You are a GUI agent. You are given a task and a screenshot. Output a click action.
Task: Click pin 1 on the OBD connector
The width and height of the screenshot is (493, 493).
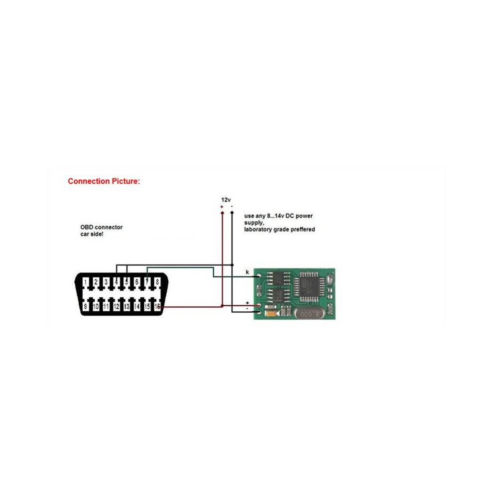click(x=86, y=282)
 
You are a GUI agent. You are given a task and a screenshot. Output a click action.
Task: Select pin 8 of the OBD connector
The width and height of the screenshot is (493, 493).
click(x=157, y=282)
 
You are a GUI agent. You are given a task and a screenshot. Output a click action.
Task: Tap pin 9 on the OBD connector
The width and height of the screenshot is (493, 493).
click(x=86, y=306)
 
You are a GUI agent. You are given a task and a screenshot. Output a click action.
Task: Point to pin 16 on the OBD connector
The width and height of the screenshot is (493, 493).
click(x=157, y=306)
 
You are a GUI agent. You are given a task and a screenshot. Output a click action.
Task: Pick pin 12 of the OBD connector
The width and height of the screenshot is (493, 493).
click(x=117, y=306)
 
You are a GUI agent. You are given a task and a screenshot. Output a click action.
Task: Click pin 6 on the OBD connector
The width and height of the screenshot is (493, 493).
click(x=137, y=282)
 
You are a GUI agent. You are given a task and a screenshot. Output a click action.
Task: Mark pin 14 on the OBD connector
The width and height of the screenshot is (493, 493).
click(x=137, y=306)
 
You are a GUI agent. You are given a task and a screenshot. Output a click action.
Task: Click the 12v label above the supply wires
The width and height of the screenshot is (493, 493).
click(x=226, y=200)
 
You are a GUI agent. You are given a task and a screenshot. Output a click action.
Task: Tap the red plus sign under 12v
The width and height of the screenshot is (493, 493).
click(x=222, y=207)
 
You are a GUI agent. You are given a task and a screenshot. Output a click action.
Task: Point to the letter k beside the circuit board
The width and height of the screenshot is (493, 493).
click(x=247, y=272)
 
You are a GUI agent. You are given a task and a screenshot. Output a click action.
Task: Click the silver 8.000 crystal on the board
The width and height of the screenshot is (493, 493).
click(x=310, y=313)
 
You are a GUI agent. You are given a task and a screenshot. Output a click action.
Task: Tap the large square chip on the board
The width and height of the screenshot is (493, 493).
click(x=308, y=287)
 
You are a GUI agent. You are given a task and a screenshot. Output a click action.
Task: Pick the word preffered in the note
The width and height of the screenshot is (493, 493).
click(x=303, y=229)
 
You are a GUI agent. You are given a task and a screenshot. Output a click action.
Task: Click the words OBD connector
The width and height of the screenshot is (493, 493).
click(x=101, y=227)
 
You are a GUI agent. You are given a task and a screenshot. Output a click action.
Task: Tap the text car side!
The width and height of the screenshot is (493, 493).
click(x=92, y=234)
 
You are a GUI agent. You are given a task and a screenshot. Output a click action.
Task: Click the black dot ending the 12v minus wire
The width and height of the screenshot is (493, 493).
click(x=232, y=213)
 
